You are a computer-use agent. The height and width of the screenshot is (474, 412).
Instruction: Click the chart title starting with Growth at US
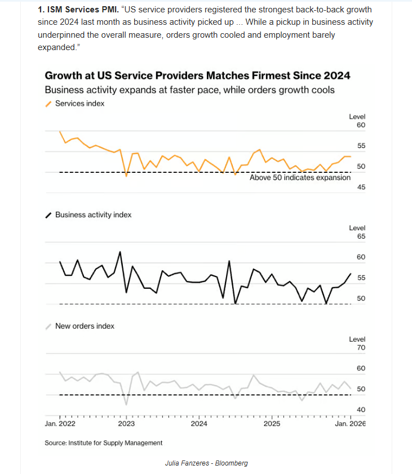click(197, 75)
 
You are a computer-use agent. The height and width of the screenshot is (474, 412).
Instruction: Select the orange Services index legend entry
click(79, 104)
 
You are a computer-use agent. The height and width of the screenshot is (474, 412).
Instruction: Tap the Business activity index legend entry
click(93, 214)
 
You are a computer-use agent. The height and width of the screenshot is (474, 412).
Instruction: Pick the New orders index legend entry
click(85, 326)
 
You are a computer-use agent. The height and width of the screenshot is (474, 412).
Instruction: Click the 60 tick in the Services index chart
click(361, 125)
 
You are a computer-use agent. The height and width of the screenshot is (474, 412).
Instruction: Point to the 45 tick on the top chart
click(361, 187)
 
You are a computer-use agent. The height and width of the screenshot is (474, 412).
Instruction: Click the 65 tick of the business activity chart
click(361, 236)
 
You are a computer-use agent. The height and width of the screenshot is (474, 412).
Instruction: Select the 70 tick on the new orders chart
click(361, 348)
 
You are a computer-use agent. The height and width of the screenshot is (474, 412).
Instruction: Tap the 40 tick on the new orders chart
click(361, 410)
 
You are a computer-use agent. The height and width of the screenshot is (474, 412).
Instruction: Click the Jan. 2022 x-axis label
click(60, 424)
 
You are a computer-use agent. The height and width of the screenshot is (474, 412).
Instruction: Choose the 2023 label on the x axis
click(126, 424)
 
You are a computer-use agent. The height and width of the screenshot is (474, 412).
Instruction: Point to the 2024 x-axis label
click(198, 424)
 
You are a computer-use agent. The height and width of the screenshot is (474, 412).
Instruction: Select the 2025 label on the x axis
click(272, 424)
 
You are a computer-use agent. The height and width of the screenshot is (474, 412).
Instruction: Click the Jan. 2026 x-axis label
click(350, 424)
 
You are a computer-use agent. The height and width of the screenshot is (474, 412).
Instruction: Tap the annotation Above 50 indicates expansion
click(300, 177)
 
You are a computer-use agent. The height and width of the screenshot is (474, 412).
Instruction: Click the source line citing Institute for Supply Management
click(104, 443)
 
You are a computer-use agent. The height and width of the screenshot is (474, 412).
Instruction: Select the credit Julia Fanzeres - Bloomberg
click(206, 463)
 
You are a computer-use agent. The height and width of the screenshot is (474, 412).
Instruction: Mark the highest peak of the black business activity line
click(120, 252)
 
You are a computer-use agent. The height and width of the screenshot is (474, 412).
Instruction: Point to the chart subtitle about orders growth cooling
click(189, 90)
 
